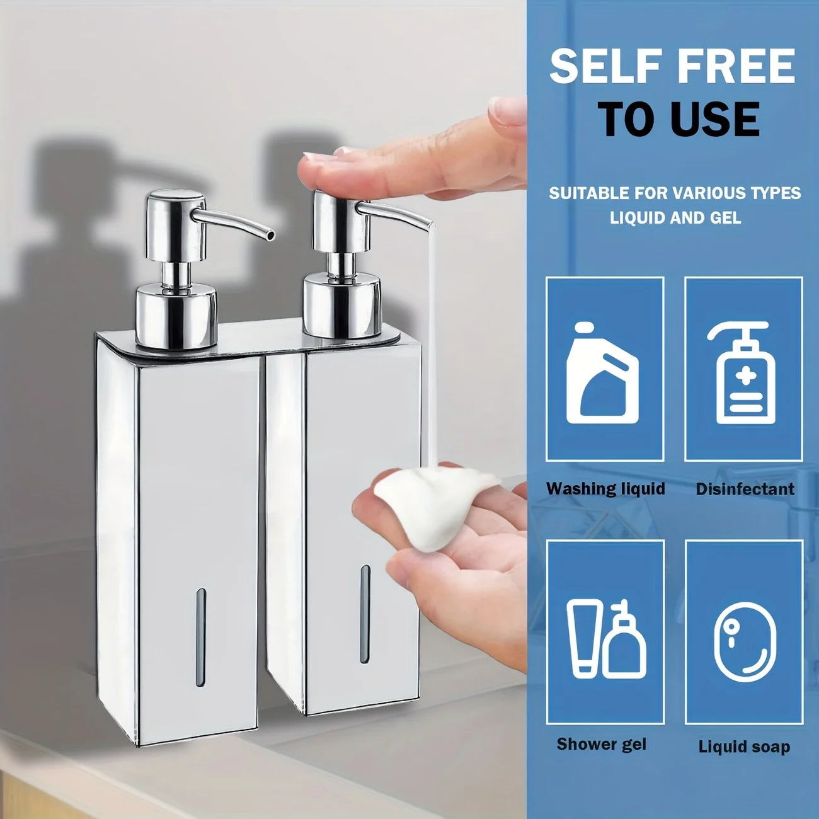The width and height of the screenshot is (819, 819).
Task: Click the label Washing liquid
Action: click(605, 489)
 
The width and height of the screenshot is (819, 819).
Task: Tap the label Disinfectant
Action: click(745, 489)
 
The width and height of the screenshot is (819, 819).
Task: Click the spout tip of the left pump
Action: click(271, 234)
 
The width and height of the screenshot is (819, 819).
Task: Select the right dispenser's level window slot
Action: click(365, 614)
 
